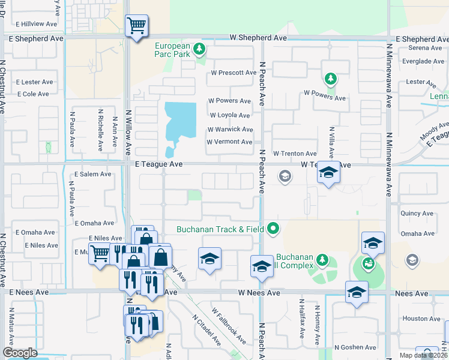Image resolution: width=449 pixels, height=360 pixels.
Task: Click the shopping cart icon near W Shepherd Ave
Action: (x=136, y=26)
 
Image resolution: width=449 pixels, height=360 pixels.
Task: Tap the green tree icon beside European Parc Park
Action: (x=201, y=49)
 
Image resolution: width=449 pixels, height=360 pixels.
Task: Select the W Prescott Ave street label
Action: (x=233, y=73)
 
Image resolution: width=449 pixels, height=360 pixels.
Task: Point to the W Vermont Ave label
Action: (x=229, y=142)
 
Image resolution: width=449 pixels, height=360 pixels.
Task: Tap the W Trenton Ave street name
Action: (x=295, y=154)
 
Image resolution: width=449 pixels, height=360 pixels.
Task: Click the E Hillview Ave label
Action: (x=38, y=24)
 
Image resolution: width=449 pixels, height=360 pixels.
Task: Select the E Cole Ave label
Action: (x=33, y=94)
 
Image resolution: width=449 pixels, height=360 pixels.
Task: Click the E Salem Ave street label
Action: (x=92, y=174)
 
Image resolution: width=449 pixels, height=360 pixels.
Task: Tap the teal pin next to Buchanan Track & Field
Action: (x=274, y=228)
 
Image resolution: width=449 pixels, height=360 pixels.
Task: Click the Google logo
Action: (x=20, y=352)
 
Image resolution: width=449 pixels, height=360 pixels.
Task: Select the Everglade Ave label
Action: (x=423, y=61)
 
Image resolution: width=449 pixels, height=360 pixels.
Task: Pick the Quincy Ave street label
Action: (x=417, y=212)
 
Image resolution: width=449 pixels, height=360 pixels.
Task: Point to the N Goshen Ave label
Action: (x=355, y=347)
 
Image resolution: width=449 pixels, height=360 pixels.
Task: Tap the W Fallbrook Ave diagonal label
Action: (x=228, y=326)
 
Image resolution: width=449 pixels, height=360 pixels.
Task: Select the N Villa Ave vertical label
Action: (x=331, y=142)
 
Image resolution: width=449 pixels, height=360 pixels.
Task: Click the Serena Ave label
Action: (x=425, y=48)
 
